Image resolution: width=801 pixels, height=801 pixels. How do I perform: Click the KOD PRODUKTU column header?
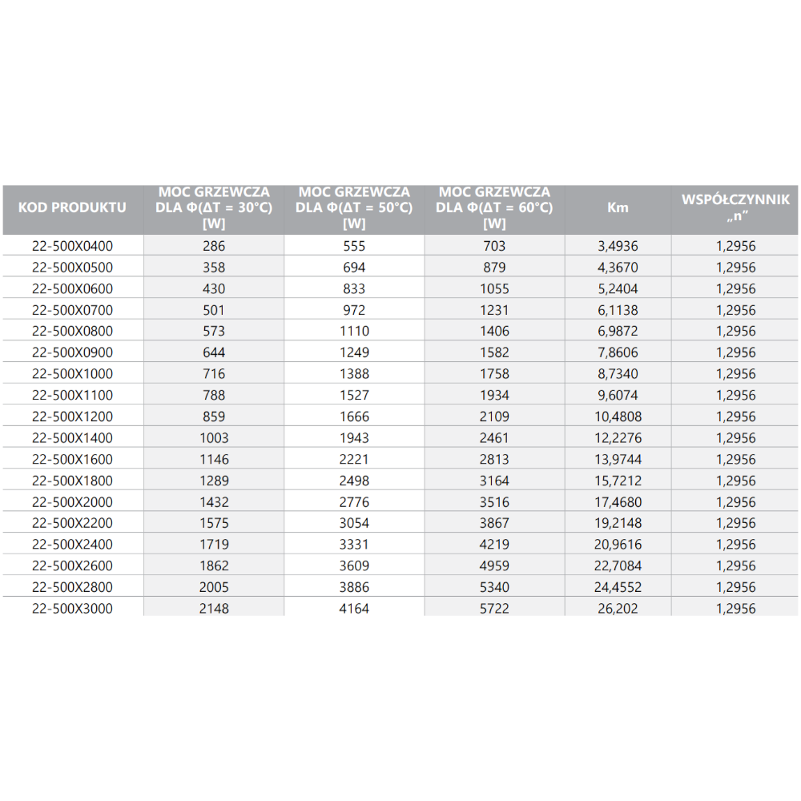pyautogui.click(x=72, y=207)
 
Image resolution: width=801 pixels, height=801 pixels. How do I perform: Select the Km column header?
pyautogui.click(x=618, y=207)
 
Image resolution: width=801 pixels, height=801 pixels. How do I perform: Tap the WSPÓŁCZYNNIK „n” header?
pyautogui.click(x=735, y=207)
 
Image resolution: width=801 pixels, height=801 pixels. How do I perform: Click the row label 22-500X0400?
pyautogui.click(x=72, y=246)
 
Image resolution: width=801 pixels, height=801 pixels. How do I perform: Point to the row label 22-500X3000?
pyautogui.click(x=72, y=609)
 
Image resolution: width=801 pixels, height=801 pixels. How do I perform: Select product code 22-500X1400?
pyautogui.click(x=72, y=438)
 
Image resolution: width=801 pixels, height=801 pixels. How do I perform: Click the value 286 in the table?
pyautogui.click(x=214, y=246)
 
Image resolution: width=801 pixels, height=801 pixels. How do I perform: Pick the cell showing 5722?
pyautogui.click(x=494, y=609)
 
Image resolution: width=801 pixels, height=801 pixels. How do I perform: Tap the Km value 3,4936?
pyautogui.click(x=618, y=246)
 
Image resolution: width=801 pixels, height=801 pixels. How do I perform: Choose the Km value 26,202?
pyautogui.click(x=618, y=609)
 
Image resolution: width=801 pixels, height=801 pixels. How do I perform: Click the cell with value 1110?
pyautogui.click(x=353, y=331)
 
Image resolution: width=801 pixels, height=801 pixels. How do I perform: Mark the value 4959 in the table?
pyautogui.click(x=494, y=566)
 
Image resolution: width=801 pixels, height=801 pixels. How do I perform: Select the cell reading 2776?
pyautogui.click(x=353, y=502)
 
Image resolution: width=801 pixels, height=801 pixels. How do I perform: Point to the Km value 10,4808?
pyautogui.click(x=618, y=417)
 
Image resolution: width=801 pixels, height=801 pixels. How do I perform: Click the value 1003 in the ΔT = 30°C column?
pyautogui.click(x=214, y=438)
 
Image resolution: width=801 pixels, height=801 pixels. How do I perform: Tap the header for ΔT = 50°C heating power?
pyautogui.click(x=353, y=207)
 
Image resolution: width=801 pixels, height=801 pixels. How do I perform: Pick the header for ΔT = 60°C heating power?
pyautogui.click(x=494, y=207)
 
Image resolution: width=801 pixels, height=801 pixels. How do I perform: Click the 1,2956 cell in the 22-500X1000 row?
pyautogui.click(x=735, y=374)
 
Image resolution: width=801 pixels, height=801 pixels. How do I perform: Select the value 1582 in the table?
pyautogui.click(x=494, y=352)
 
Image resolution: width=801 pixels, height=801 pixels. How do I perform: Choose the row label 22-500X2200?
pyautogui.click(x=72, y=523)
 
